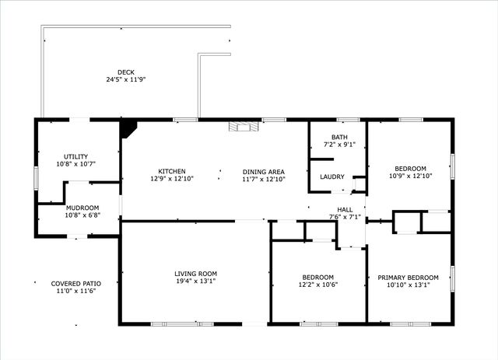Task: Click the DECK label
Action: click(126, 72)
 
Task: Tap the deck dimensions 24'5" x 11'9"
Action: click(126, 79)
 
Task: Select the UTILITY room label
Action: click(76, 156)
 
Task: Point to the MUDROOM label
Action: click(82, 208)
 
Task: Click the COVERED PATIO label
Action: click(76, 284)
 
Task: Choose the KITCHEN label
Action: click(171, 172)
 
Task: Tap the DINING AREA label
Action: click(263, 172)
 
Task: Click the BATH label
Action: click(339, 137)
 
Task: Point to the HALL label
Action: click(345, 209)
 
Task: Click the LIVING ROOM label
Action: click(195, 274)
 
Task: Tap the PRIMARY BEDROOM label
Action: click(408, 278)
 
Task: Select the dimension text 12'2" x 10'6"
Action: click(317, 285)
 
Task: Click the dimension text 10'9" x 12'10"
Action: click(409, 176)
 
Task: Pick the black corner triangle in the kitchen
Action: click(128, 128)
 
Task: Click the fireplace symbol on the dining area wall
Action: click(241, 126)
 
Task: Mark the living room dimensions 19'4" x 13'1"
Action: click(195, 281)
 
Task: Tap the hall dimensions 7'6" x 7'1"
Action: click(345, 217)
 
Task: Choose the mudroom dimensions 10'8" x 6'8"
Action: click(82, 215)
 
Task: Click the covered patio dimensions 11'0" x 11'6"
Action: click(76, 292)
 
